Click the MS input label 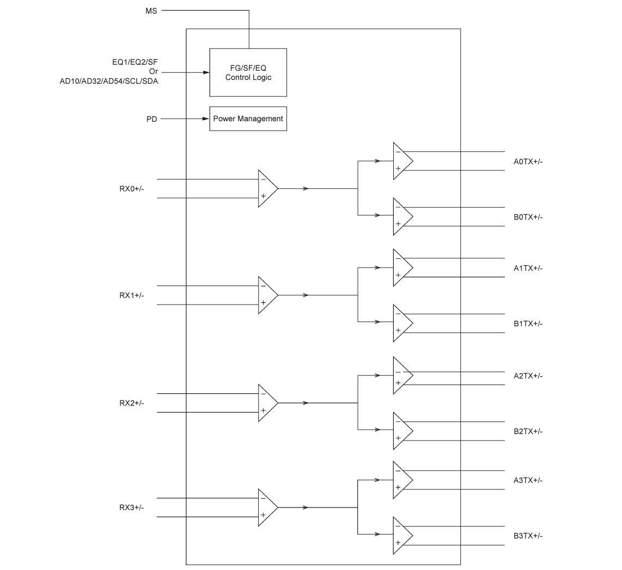(151, 10)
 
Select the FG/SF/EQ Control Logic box (248, 72)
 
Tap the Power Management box (248, 119)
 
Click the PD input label (151, 119)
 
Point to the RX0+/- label (132, 189)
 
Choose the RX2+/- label (132, 403)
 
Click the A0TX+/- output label (528, 162)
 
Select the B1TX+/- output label (528, 324)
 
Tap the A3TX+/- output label (528, 480)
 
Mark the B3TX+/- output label (528, 536)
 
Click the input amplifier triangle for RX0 (266, 188)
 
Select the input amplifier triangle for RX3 (266, 507)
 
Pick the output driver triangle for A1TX (401, 268)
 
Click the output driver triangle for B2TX (401, 431)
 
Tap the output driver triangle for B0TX (401, 216)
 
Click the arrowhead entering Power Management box (206, 119)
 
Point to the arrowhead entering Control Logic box (206, 72)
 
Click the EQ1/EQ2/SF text (135, 63)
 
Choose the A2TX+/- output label (528, 376)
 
